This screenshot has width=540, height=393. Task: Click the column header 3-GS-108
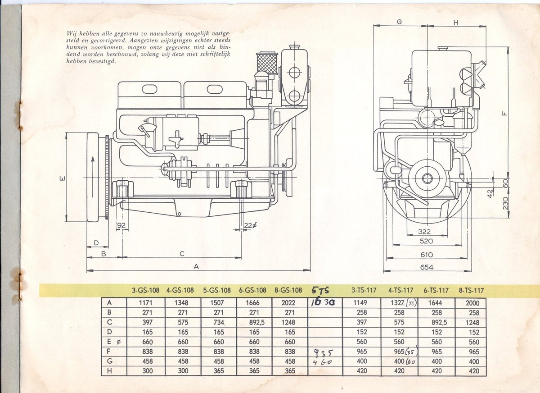145,290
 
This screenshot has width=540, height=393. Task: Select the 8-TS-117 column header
471,291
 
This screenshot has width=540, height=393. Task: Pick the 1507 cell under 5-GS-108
220,303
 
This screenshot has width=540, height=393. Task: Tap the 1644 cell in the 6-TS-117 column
436,303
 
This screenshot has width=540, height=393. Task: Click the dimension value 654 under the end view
427,267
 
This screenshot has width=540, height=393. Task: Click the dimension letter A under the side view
196,266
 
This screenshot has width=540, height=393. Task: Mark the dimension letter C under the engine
182,254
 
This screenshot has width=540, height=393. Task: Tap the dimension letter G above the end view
399,22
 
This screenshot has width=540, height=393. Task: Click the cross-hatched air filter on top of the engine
266,64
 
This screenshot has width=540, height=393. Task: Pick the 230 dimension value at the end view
505,203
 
